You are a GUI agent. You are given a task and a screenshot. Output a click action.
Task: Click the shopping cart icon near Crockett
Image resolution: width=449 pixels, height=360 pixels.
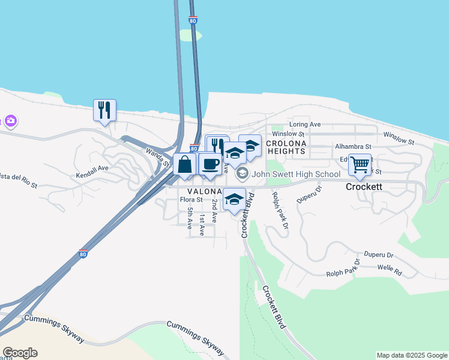pyautogui.click(x=360, y=163)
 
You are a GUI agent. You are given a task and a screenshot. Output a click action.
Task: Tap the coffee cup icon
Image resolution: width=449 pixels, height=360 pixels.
pyautogui.click(x=209, y=164)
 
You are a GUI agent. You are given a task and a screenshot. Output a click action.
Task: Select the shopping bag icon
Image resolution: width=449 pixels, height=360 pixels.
pyautogui.click(x=185, y=164)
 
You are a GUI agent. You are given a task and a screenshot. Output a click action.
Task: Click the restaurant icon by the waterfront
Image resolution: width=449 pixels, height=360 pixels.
pyautogui.click(x=104, y=110)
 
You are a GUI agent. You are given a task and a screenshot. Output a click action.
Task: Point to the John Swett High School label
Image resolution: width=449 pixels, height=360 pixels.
pyautogui.click(x=296, y=175)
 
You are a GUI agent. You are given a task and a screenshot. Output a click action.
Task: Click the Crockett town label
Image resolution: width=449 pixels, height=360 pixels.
pyautogui.click(x=363, y=187)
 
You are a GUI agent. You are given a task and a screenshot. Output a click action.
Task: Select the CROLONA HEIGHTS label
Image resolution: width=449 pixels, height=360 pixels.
pyautogui.click(x=286, y=148)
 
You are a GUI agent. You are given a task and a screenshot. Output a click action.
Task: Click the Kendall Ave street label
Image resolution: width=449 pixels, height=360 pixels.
pyautogui.click(x=92, y=169)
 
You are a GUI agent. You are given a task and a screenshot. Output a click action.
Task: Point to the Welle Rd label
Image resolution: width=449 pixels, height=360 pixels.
pyautogui.click(x=390, y=272)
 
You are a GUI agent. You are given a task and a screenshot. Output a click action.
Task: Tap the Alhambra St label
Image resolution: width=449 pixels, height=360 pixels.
pyautogui.click(x=353, y=146)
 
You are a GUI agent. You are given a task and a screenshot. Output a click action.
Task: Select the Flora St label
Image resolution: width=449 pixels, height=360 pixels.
pyautogui.click(x=191, y=200)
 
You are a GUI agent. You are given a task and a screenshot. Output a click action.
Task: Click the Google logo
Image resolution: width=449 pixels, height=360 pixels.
pyautogui.click(x=20, y=353)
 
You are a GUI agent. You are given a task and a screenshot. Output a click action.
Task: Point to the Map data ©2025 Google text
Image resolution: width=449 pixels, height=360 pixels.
pyautogui.click(x=412, y=355)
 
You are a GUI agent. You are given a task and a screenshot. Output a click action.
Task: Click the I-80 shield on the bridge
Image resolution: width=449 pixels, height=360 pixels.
pyautogui.click(x=192, y=20)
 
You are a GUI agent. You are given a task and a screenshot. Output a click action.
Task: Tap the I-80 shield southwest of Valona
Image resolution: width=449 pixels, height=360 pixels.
pyautogui.click(x=83, y=253)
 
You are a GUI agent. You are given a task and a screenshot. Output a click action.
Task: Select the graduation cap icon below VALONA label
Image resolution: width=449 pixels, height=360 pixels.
pyautogui.click(x=235, y=199)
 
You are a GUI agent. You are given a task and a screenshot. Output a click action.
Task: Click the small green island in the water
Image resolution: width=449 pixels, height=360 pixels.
pyautogui.click(x=190, y=35)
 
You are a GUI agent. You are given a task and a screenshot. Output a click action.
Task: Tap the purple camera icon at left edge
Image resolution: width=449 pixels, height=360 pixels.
pyautogui.click(x=10, y=121)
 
